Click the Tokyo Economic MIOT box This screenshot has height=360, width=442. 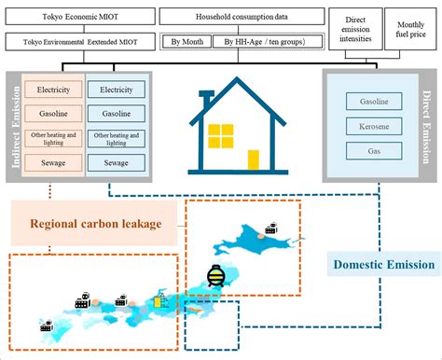click(78, 16)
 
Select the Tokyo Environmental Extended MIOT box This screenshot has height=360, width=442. click(78, 41)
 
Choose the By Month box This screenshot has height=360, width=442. click(188, 41)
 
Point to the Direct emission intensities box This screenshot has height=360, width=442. click(358, 28)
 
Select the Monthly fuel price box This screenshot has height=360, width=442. click(412, 28)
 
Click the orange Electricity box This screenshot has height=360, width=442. click(53, 90)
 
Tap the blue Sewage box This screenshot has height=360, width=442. click(117, 162)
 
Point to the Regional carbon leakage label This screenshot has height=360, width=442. click(93, 224)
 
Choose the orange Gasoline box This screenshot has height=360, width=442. click(53, 114)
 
